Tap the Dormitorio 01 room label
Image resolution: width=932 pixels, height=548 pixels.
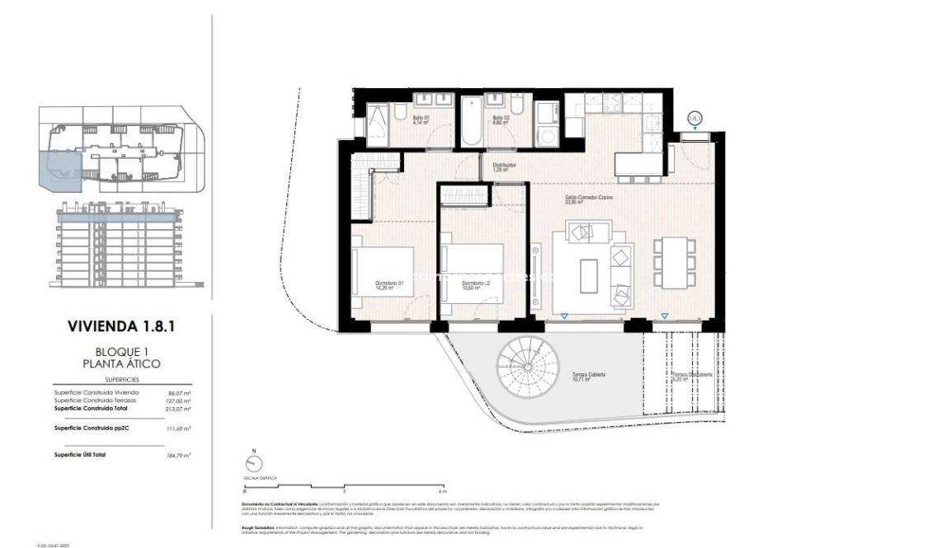[388, 285]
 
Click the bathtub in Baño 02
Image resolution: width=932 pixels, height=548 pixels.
[471, 119]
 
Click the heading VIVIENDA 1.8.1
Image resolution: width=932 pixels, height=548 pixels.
[120, 326]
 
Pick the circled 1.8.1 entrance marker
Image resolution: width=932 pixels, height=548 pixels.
[694, 119]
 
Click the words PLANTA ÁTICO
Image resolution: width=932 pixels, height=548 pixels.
[121, 363]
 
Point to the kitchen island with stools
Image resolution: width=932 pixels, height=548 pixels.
[639, 168]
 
